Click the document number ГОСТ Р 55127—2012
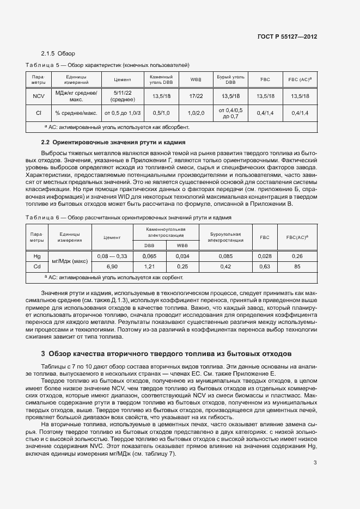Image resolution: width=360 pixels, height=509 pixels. (287, 37)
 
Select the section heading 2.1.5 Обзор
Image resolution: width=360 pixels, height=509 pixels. (58, 53)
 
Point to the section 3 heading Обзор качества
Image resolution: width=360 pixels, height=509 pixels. (163, 353)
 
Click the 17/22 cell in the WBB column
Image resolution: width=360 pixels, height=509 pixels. (196, 96)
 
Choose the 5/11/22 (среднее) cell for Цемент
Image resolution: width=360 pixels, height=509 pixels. (123, 96)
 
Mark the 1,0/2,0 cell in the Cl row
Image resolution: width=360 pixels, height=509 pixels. (196, 113)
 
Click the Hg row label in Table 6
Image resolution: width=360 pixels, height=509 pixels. (37, 255)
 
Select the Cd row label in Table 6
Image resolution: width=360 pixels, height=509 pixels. (37, 266)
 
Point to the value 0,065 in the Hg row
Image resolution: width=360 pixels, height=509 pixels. (149, 255)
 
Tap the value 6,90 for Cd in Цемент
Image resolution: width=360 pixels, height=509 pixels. (112, 266)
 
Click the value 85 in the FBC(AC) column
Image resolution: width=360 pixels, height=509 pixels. (297, 266)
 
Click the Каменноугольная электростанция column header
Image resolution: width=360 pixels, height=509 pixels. (166, 232)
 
